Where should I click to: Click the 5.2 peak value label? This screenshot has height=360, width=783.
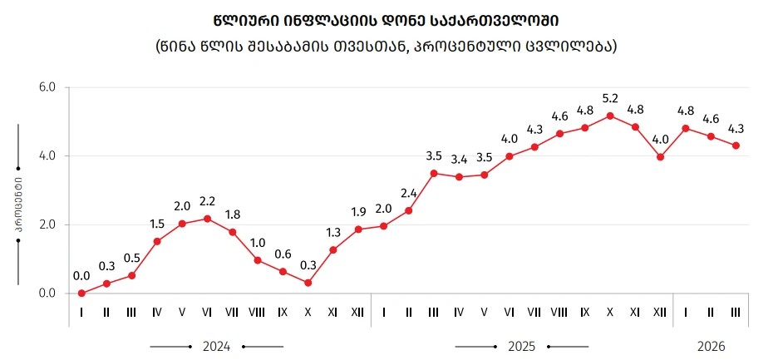(x=610, y=98)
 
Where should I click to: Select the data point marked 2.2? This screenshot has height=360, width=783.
(x=207, y=219)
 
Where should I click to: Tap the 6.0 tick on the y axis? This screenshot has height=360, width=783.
(x=47, y=87)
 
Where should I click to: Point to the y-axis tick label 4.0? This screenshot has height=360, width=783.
(x=47, y=156)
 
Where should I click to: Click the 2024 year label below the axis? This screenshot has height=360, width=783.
(x=216, y=345)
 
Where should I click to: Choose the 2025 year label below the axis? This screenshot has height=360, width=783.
(x=521, y=345)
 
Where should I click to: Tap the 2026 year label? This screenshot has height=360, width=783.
(x=709, y=345)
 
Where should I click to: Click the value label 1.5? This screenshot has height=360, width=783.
(x=157, y=224)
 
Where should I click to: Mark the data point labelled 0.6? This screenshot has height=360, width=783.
(x=283, y=271)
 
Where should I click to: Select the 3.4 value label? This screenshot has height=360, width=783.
(x=459, y=159)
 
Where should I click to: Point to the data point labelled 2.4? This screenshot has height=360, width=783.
(x=408, y=210)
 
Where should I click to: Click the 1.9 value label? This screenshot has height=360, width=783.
(x=358, y=210)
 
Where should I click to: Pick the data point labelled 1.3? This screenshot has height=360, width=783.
(x=332, y=249)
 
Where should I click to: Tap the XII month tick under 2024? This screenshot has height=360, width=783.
(x=358, y=313)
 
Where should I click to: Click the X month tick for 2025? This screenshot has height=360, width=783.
(x=610, y=313)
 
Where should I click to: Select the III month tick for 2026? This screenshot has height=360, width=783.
(x=735, y=313)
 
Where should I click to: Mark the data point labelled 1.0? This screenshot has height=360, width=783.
(x=258, y=260)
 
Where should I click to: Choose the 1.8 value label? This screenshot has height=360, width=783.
(x=233, y=215)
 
